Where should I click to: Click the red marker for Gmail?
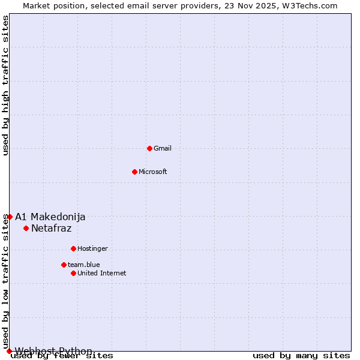(149, 148)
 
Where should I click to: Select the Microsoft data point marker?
(134, 172)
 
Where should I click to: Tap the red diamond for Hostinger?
(73, 248)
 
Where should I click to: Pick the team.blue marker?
(64, 265)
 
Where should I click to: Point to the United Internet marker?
(73, 273)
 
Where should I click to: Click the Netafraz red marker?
(26, 228)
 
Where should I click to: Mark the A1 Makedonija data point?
(10, 217)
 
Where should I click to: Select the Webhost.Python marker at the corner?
(9, 351)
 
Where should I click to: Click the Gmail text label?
(163, 148)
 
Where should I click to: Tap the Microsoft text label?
(153, 172)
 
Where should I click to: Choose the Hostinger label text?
(92, 248)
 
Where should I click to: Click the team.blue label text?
(84, 265)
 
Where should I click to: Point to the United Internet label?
(102, 273)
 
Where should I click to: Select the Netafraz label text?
(52, 228)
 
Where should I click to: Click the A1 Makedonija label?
(50, 217)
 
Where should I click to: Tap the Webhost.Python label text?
(54, 351)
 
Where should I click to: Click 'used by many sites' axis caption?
(301, 356)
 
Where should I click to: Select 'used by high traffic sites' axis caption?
(6, 85)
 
